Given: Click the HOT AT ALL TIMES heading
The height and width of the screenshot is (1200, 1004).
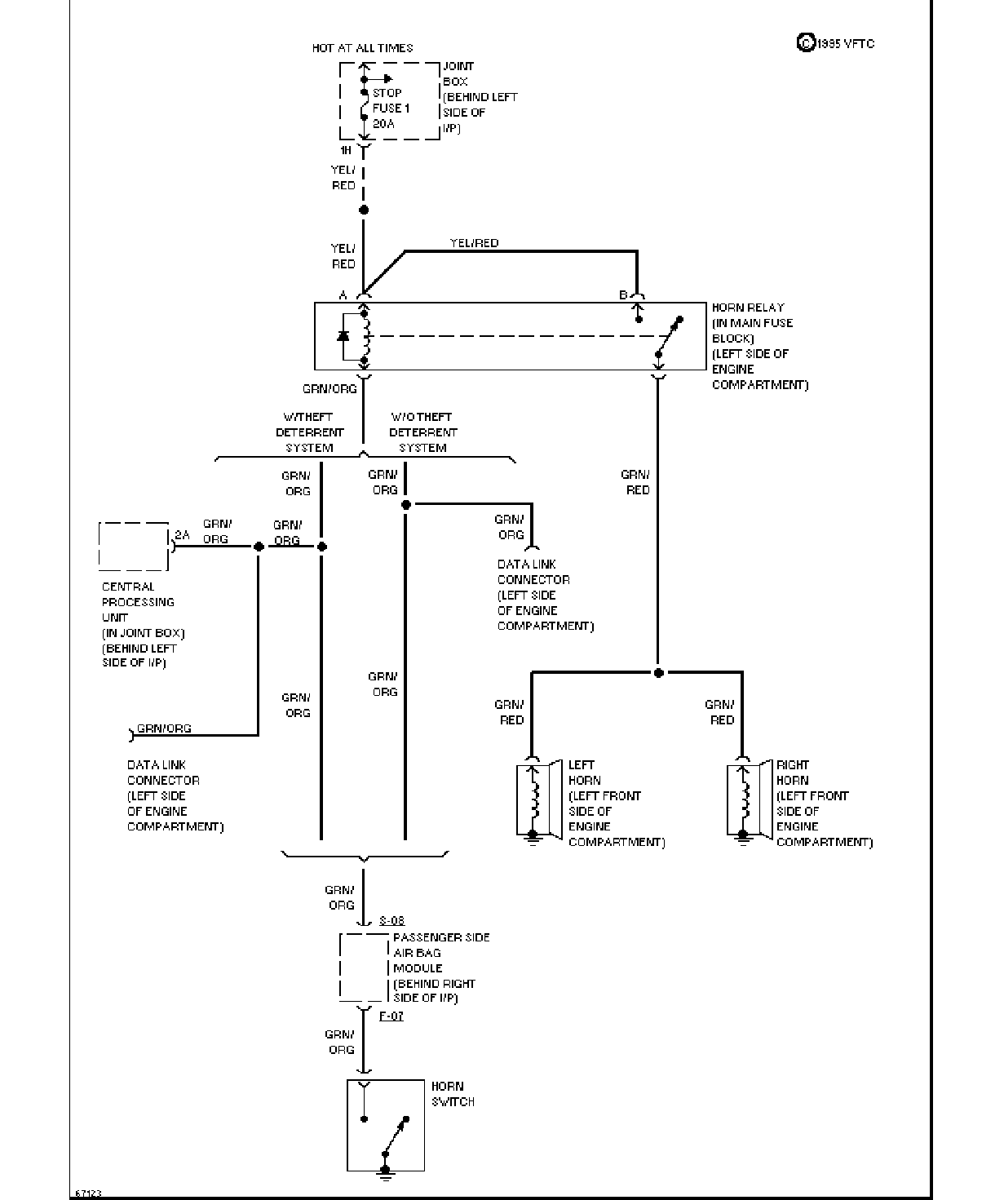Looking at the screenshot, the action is (362, 47).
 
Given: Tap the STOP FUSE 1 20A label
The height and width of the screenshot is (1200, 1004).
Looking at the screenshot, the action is (391, 108).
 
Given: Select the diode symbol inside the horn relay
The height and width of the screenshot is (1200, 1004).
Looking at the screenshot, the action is (343, 336).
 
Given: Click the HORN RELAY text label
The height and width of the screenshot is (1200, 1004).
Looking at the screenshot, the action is (748, 308).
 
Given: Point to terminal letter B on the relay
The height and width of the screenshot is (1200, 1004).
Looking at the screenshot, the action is (623, 294).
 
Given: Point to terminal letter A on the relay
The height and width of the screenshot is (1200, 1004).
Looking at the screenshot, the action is (343, 295).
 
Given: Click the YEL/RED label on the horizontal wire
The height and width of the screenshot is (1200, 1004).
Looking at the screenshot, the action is (474, 243).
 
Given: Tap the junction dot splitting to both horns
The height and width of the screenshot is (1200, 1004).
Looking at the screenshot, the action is (659, 673).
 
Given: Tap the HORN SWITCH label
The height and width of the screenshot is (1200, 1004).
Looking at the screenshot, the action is (453, 1094).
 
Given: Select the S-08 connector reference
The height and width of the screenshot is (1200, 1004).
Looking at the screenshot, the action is (392, 921).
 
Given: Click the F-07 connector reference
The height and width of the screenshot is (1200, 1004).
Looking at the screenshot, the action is (391, 1016).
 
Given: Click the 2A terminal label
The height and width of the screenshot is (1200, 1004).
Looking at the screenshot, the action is (182, 535).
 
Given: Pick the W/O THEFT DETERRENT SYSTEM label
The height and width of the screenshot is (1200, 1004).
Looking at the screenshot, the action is (423, 432).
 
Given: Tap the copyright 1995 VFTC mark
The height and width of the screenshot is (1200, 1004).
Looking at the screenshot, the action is (836, 43).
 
